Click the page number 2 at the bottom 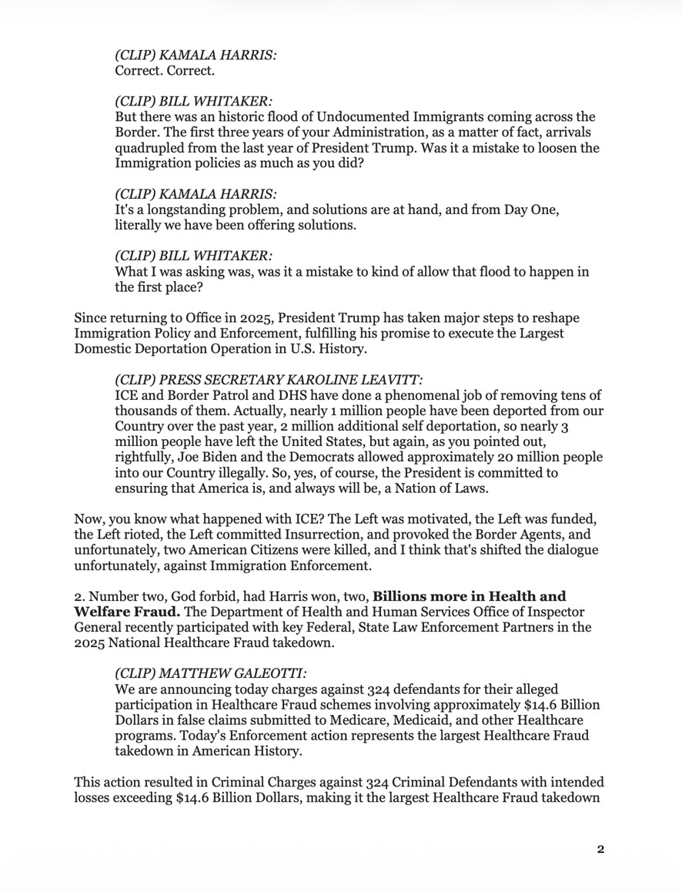coord(600,850)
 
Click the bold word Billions coord(400,595)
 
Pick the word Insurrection coord(327,535)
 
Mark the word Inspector coord(563,611)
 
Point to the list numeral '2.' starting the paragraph coord(79,595)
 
